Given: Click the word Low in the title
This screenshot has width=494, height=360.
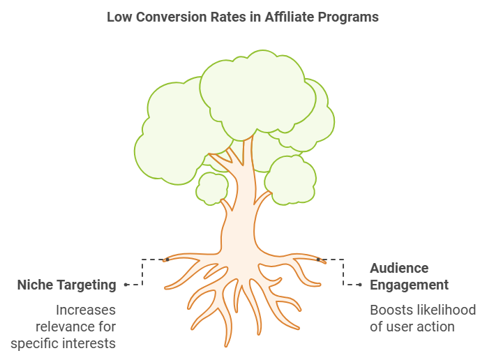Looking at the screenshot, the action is (120, 17).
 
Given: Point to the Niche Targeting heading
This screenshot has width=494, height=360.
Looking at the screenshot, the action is (67, 285).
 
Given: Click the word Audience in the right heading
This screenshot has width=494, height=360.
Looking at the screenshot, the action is (399, 269).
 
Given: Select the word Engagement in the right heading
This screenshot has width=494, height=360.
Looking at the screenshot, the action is (409, 285).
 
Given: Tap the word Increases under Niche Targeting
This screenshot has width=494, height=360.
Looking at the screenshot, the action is (86, 310).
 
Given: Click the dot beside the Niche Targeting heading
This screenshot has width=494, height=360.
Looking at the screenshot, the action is (126, 285).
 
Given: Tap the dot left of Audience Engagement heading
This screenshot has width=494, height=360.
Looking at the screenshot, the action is (360, 285).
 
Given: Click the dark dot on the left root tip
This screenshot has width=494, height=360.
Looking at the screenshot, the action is (167, 260).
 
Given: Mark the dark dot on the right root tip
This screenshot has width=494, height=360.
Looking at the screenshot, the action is (318, 260).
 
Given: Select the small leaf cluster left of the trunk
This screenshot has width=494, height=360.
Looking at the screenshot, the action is (212, 188).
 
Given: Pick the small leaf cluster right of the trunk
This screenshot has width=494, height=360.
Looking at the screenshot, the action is (290, 180).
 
